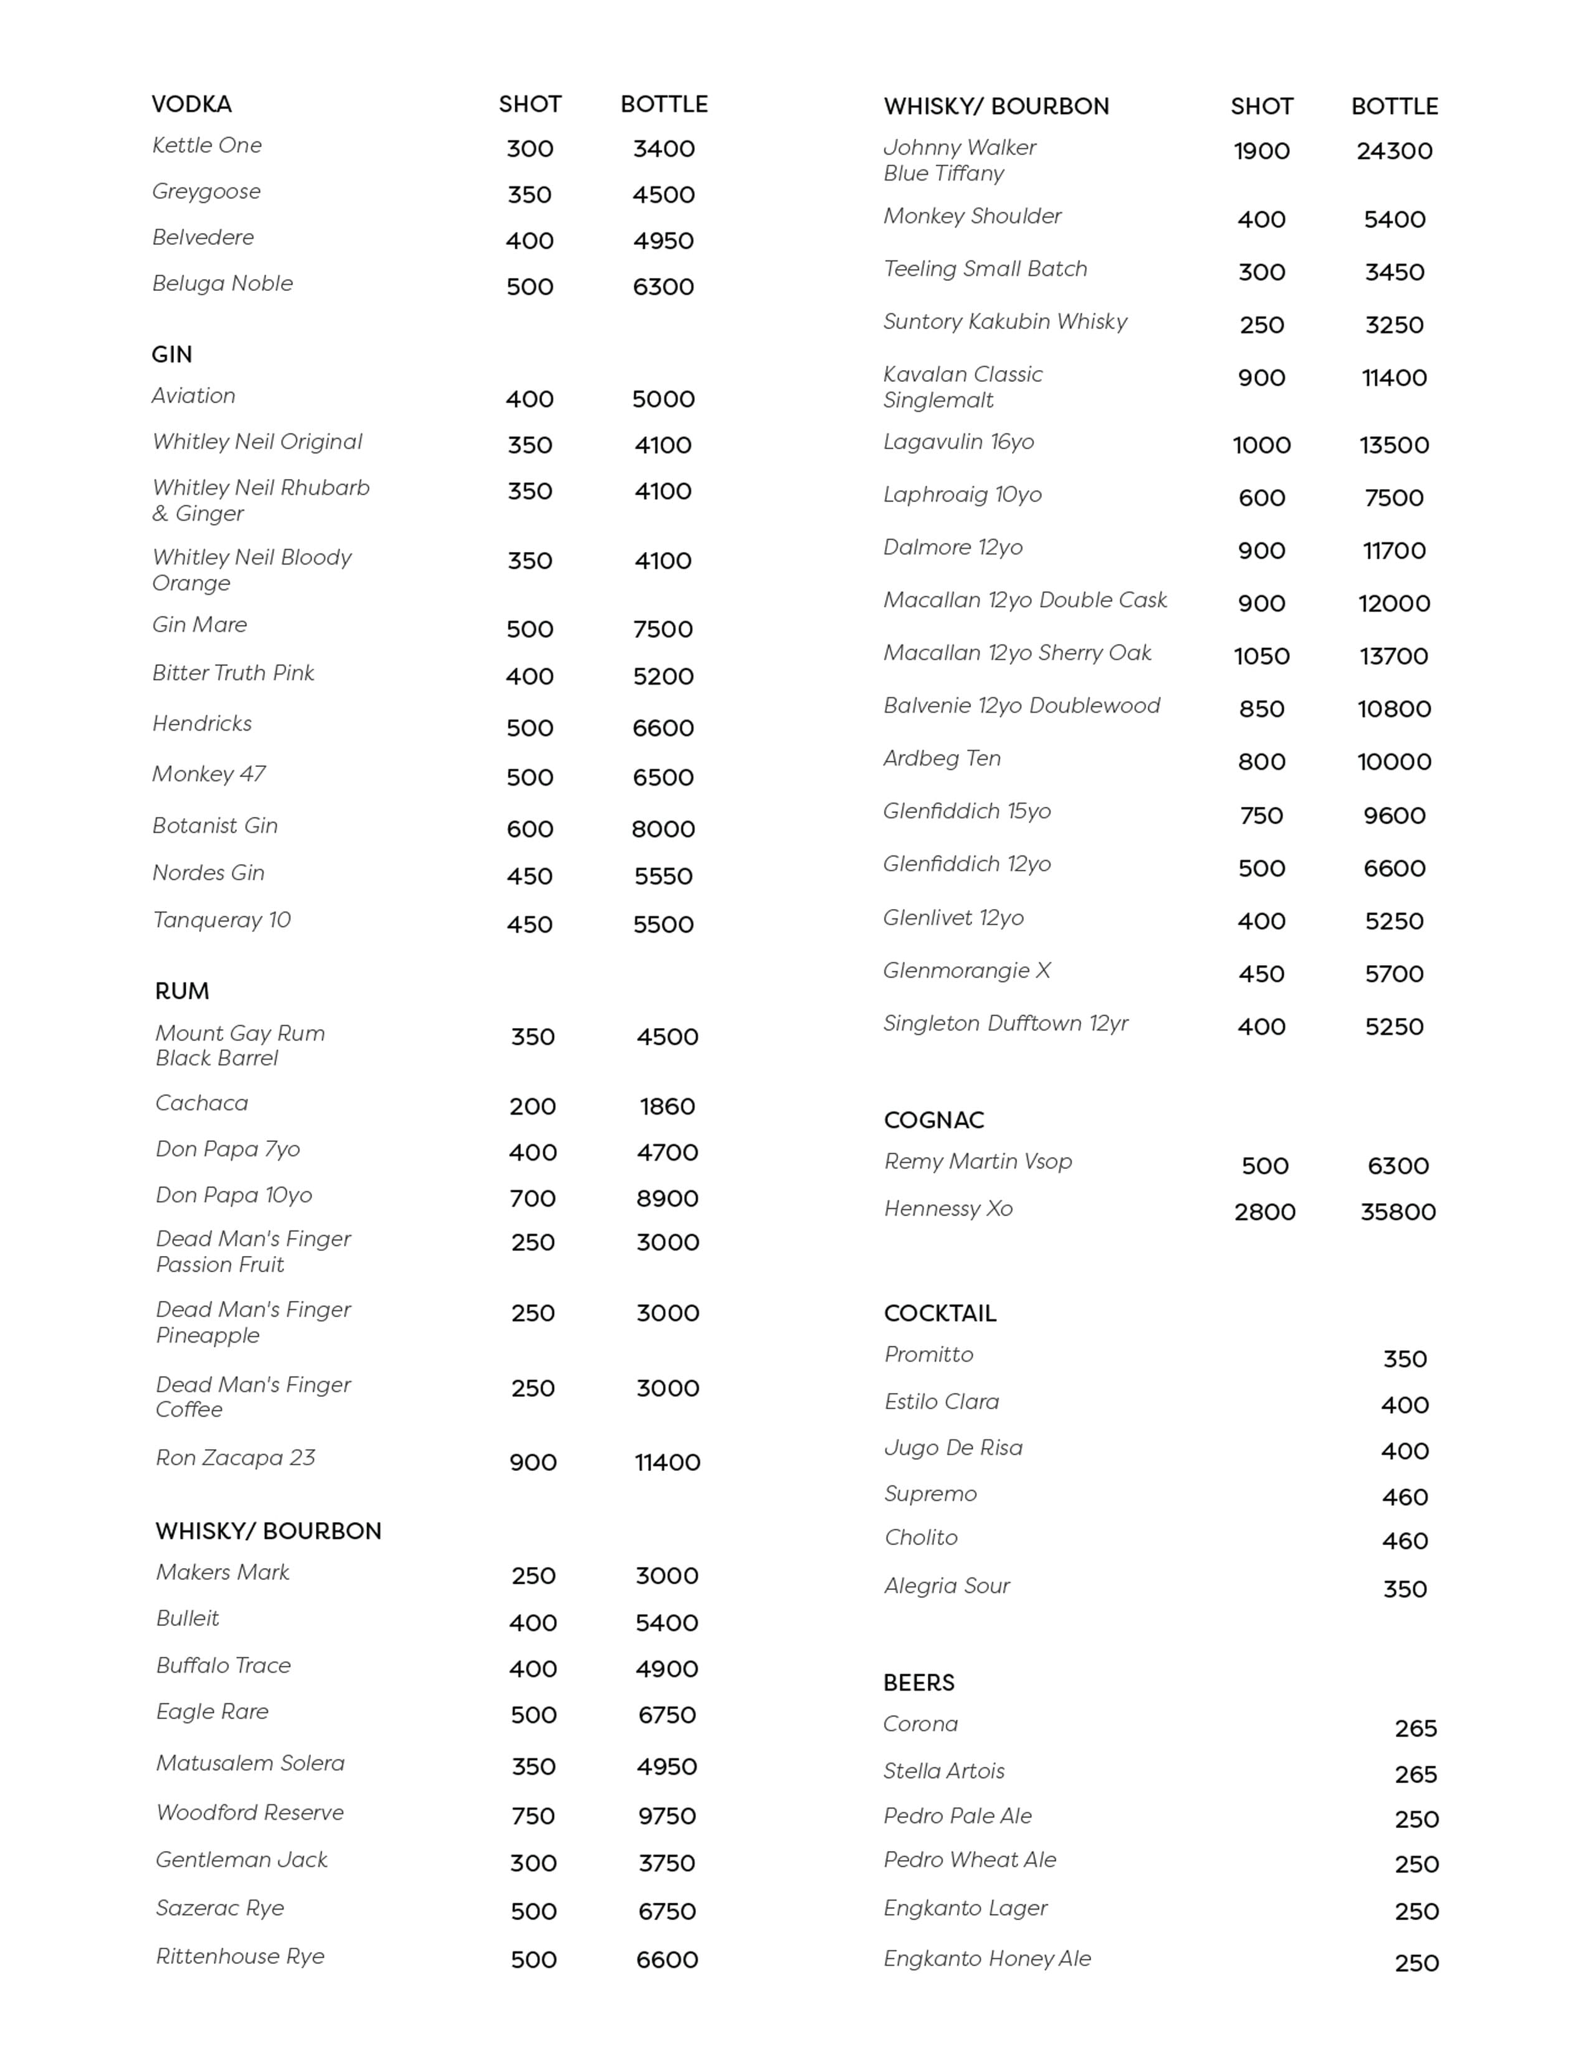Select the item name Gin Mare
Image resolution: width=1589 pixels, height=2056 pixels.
pyautogui.click(x=199, y=625)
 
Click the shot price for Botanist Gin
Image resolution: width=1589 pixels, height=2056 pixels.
pyautogui.click(x=530, y=829)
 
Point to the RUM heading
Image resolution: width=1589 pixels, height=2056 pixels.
pyautogui.click(x=182, y=991)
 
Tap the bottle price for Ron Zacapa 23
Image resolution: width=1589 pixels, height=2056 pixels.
pyautogui.click(x=667, y=1462)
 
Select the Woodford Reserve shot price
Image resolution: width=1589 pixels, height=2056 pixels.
pyautogui.click(x=533, y=1816)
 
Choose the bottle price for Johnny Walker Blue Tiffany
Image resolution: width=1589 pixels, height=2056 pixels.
pyautogui.click(x=1394, y=151)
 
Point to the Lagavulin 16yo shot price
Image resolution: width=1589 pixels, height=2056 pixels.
pyautogui.click(x=1261, y=445)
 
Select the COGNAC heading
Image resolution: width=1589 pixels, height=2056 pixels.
pyautogui.click(x=934, y=1120)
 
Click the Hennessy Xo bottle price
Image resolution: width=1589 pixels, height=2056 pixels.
pyautogui.click(x=1398, y=1212)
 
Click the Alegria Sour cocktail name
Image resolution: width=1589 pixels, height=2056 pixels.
pyautogui.click(x=946, y=1586)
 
